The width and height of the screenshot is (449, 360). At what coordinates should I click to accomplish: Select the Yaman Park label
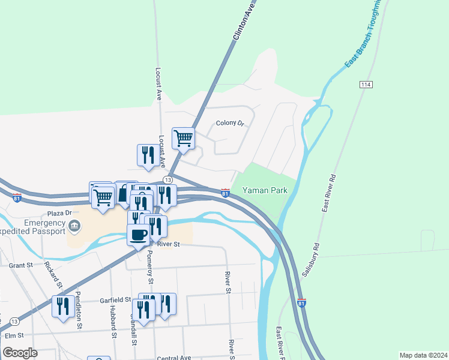pos(265,191)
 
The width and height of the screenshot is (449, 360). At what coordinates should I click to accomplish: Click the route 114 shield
pos(365,85)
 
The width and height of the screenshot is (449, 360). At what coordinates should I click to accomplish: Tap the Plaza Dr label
pos(59,213)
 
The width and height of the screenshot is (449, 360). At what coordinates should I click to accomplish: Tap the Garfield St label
pos(116,299)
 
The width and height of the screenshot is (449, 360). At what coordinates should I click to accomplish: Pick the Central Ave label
pos(173,358)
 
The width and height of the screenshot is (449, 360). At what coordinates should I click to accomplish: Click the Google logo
pos(19,353)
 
